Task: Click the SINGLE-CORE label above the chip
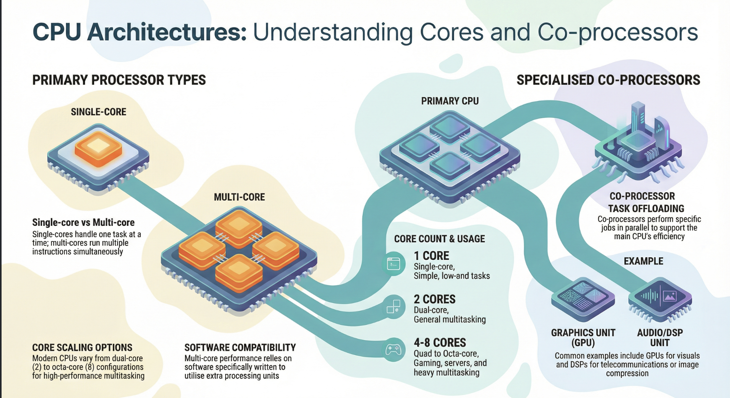(x=98, y=112)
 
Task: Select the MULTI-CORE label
(x=239, y=197)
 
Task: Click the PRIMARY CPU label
(x=450, y=101)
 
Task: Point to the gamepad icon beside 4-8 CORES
(x=393, y=350)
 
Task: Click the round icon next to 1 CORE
(x=393, y=264)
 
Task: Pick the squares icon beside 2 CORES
(x=393, y=307)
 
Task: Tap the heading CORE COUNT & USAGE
(x=439, y=239)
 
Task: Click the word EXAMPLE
(x=643, y=261)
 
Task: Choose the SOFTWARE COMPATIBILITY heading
(x=240, y=347)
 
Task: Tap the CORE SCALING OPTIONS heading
(x=82, y=347)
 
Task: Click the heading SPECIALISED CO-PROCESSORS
(x=608, y=80)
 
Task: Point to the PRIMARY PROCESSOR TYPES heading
(x=119, y=80)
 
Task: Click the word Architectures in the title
(x=167, y=32)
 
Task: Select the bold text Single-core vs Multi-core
(x=83, y=222)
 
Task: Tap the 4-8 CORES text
(x=440, y=343)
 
